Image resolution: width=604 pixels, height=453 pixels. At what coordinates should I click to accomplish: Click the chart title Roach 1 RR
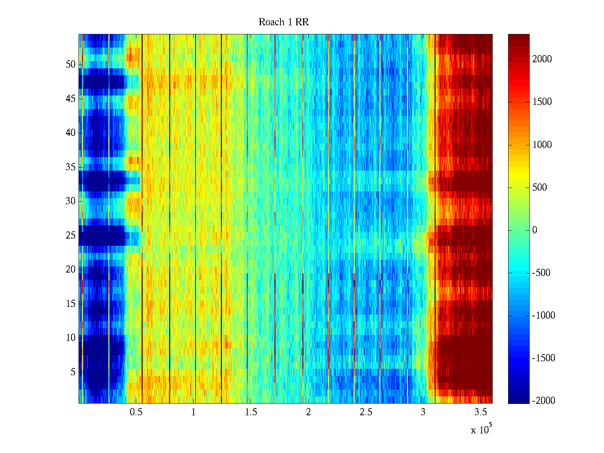click(x=284, y=22)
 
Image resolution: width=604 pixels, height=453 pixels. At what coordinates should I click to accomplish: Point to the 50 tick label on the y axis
click(x=71, y=65)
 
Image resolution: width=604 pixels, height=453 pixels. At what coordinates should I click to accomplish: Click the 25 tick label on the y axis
click(x=71, y=236)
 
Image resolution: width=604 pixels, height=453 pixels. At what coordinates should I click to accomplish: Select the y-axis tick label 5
click(x=73, y=372)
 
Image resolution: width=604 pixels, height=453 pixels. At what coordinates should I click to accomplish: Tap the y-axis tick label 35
click(x=71, y=167)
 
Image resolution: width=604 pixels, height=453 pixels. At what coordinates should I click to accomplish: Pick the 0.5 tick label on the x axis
click(x=136, y=412)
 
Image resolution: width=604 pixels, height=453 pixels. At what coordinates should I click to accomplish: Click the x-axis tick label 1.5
click(x=251, y=412)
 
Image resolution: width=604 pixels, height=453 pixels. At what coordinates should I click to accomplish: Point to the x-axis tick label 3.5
click(x=481, y=412)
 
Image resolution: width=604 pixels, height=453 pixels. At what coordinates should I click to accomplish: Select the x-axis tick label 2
click(x=308, y=412)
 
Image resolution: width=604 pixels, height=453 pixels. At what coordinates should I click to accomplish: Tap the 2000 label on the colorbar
click(x=542, y=59)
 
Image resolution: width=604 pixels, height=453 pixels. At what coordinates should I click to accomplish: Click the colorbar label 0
click(x=535, y=230)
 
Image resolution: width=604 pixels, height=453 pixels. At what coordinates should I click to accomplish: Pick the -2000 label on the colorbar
click(x=544, y=401)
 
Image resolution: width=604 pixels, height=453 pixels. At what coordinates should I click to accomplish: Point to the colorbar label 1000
click(x=542, y=145)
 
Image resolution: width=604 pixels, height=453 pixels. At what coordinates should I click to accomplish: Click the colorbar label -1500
click(x=544, y=358)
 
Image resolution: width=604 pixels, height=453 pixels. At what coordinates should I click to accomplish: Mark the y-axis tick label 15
click(x=71, y=304)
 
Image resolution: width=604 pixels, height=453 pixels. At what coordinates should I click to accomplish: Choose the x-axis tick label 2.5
click(x=366, y=412)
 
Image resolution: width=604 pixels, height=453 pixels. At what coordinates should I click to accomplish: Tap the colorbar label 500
click(x=540, y=188)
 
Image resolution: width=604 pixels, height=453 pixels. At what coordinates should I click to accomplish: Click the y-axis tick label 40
click(x=71, y=133)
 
